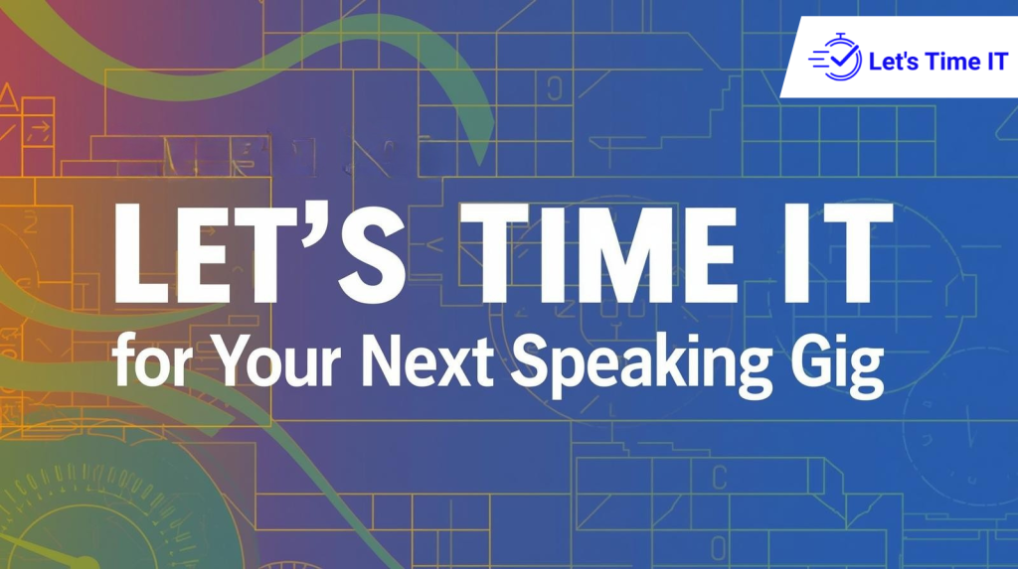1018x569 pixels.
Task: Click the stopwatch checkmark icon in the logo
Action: coord(834,61)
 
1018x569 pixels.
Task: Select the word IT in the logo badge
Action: coord(994,63)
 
